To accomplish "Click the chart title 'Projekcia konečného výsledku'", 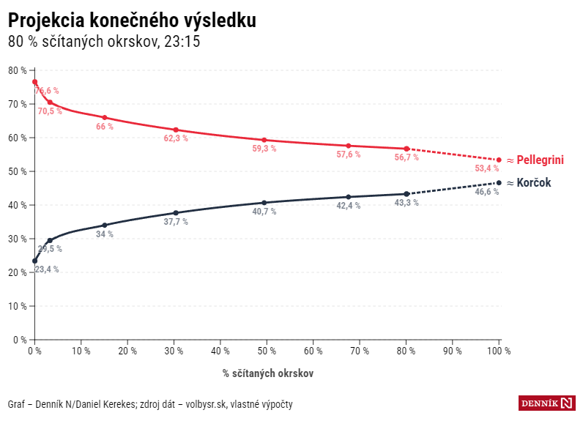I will [x=132, y=21].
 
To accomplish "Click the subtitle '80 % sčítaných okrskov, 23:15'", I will [x=104, y=42].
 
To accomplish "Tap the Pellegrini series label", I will [x=540, y=160].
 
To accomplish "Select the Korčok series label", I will [x=534, y=182].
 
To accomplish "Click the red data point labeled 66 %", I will [x=105, y=118].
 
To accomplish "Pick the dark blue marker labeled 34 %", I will [x=105, y=226].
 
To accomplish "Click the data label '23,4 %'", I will [x=47, y=269].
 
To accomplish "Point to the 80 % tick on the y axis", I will [x=18, y=70].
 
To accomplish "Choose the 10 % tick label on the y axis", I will [x=18, y=306].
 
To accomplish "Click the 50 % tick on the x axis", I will [x=267, y=351].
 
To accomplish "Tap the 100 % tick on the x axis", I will [x=500, y=351].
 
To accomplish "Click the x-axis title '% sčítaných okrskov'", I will [x=268, y=373].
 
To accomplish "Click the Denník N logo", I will [x=547, y=403].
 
